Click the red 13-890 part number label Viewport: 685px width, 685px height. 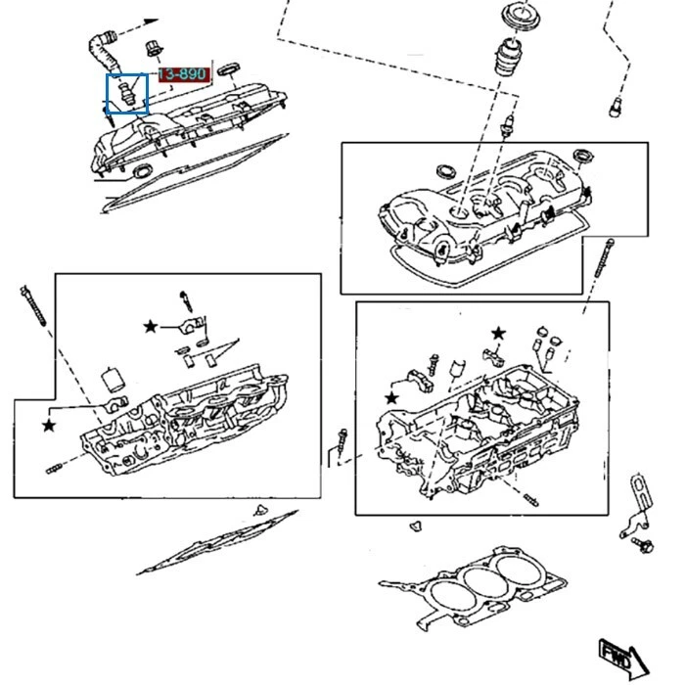tap(183, 76)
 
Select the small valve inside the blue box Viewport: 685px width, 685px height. tap(125, 94)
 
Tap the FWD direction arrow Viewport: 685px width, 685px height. tap(616, 655)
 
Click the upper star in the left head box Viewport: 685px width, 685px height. tap(151, 325)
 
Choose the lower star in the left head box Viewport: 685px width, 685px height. tap(48, 425)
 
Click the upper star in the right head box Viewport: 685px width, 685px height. tap(497, 334)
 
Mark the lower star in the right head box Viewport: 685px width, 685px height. tap(392, 397)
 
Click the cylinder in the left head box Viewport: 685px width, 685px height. tap(113, 377)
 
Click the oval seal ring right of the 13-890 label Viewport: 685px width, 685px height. tap(229, 68)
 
